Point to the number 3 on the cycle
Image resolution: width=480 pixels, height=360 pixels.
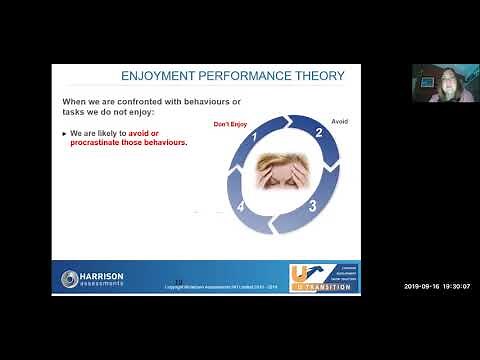click(x=313, y=206)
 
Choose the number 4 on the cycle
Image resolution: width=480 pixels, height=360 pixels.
click(x=241, y=207)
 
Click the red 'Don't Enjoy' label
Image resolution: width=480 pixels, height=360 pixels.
click(x=231, y=124)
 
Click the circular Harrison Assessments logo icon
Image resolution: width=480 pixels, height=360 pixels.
click(x=69, y=278)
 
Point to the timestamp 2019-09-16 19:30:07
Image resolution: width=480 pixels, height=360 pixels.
click(x=437, y=286)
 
